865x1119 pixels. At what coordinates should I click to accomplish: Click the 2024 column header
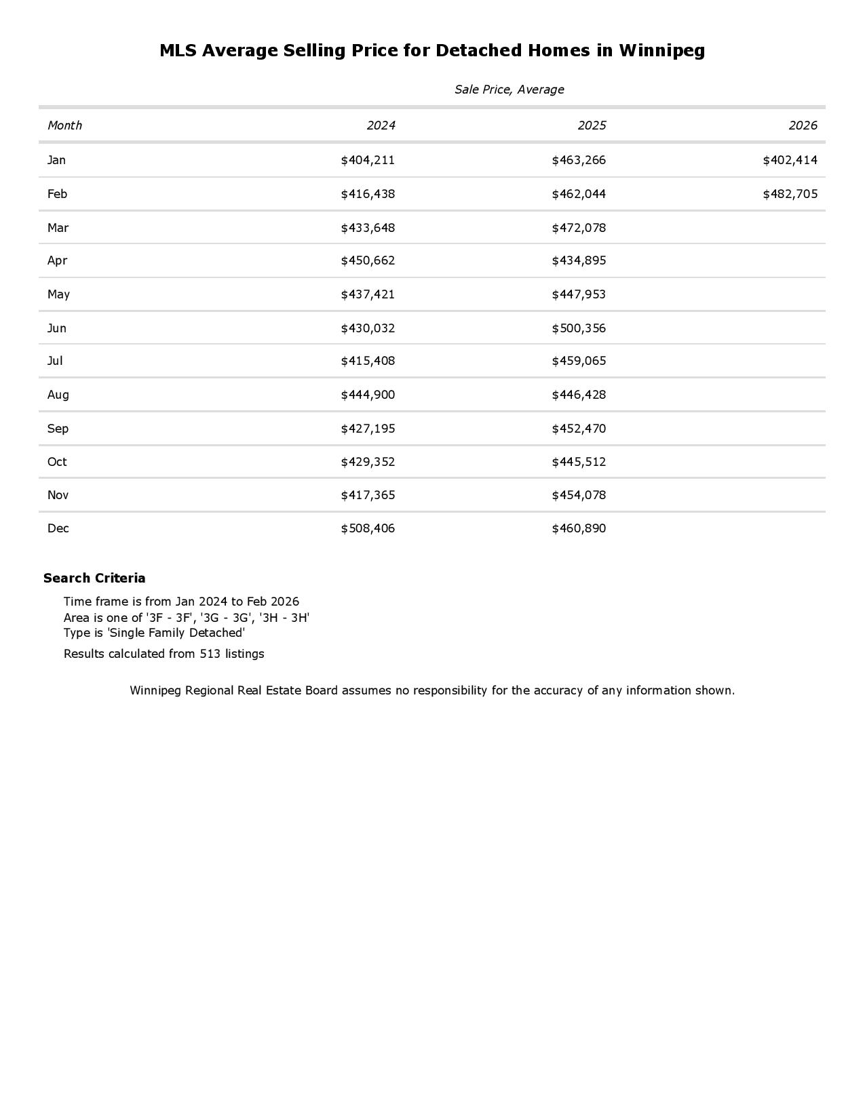point(381,125)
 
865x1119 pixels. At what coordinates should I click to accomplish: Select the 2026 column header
point(803,125)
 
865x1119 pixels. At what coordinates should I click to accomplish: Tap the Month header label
point(64,125)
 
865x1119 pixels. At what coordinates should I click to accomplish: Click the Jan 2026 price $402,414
point(790,161)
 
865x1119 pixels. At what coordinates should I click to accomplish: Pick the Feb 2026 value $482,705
point(790,195)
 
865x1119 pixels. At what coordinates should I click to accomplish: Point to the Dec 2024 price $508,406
point(368,529)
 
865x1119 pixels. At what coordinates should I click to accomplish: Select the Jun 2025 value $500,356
point(579,329)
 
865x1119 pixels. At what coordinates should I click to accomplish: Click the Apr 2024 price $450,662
point(368,261)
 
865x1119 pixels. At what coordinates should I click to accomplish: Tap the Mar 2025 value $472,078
point(579,229)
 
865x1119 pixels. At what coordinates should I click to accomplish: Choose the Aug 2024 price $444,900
point(368,395)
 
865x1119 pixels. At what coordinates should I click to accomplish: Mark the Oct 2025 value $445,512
point(579,463)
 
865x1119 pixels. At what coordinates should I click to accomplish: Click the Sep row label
point(58,429)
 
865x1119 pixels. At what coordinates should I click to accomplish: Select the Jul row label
point(55,361)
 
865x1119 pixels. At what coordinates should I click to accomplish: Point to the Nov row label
point(58,496)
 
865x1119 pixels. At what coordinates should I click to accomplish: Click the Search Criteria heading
point(94,578)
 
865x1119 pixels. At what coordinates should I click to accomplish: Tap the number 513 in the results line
point(210,654)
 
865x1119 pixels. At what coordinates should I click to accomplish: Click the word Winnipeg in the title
point(661,51)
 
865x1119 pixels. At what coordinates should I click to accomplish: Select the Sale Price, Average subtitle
point(509,90)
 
